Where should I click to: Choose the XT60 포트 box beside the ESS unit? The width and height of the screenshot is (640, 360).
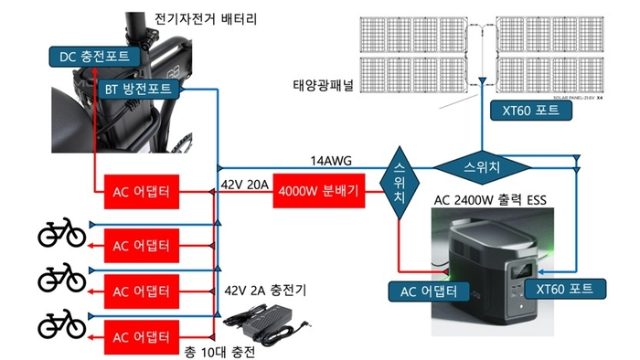[565, 289]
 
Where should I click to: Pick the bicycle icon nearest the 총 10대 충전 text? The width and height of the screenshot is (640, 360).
[61, 322]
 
